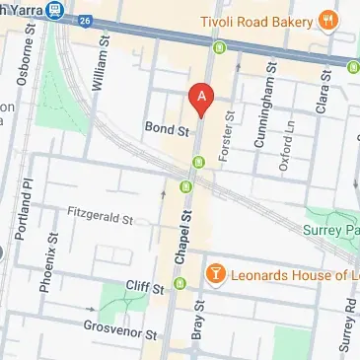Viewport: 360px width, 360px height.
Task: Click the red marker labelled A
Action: tap(201, 99)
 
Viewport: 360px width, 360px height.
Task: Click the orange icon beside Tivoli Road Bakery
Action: tap(324, 19)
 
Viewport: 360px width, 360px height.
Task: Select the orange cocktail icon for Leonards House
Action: tap(212, 271)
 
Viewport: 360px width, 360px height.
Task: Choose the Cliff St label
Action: tap(144, 288)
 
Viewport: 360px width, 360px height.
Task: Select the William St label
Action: tap(97, 68)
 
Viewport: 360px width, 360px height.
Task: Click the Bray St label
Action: tap(198, 322)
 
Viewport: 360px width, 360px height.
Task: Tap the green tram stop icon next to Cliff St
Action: tap(180, 286)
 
